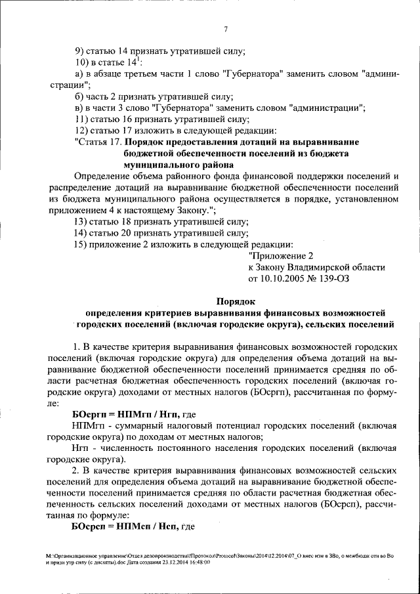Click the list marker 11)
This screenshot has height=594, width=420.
(x=81, y=119)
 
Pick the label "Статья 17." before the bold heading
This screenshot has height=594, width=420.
(x=98, y=142)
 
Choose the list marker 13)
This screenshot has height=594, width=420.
(x=81, y=221)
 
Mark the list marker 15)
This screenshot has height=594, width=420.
(x=81, y=244)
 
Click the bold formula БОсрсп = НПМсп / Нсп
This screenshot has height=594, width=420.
(x=125, y=527)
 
